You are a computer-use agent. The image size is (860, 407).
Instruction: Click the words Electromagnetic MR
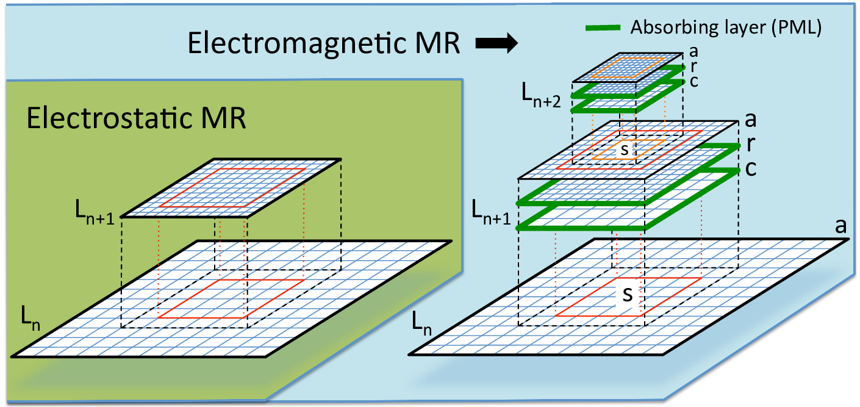tap(323, 45)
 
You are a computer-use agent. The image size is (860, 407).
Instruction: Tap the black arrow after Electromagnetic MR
tap(496, 44)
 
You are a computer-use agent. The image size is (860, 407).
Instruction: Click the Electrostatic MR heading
tap(136, 118)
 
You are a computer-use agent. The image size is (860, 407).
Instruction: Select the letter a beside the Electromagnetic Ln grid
tap(840, 227)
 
